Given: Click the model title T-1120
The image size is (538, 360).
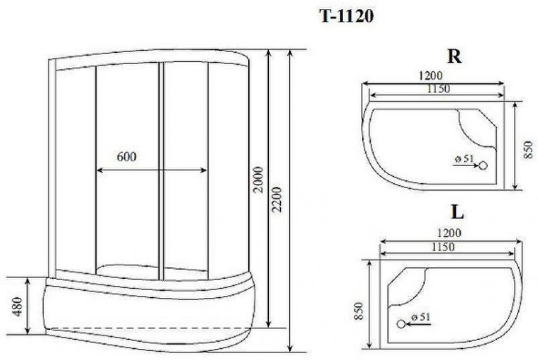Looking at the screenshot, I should (346, 16).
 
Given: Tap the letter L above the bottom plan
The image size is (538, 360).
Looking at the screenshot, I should (456, 212).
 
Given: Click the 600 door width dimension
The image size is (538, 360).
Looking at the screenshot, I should (125, 156).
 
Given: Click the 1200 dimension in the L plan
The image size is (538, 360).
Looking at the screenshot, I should (447, 232).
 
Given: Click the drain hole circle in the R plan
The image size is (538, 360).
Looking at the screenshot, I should (482, 166).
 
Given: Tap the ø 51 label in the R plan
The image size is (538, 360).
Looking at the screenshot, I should (464, 160).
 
